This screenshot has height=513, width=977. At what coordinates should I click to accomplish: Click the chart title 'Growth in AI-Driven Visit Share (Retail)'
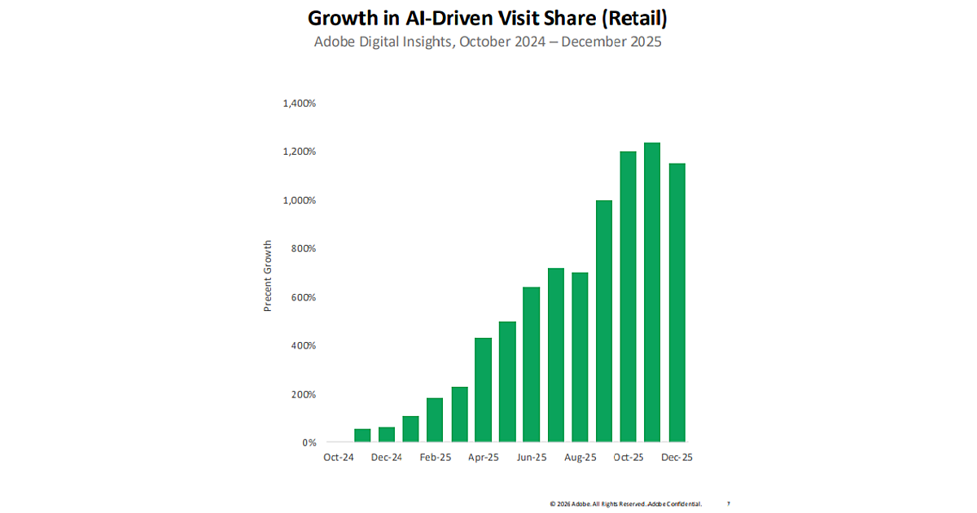tap(488, 17)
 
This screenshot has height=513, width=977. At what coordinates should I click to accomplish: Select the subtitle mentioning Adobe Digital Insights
tap(488, 42)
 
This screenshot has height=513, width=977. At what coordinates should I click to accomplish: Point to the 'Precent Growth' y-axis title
tap(267, 276)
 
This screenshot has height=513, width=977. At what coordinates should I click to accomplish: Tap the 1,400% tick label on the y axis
tap(299, 103)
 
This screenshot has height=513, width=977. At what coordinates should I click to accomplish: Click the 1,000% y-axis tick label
tap(299, 200)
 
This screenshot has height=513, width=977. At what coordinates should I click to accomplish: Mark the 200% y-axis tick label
tap(303, 394)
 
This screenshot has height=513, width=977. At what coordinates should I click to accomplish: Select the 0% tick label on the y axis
tap(309, 443)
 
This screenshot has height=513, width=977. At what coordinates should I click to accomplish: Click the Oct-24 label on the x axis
tap(339, 458)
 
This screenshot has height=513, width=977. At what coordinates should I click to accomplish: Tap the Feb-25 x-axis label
tap(435, 458)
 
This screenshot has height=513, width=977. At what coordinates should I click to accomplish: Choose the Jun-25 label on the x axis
tap(532, 458)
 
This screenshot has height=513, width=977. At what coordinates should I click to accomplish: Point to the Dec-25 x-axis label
tap(677, 458)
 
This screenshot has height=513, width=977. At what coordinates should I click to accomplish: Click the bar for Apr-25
tap(483, 390)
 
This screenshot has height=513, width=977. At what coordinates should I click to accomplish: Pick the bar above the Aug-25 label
tap(580, 357)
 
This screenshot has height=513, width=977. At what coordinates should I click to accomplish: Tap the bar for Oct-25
tap(628, 297)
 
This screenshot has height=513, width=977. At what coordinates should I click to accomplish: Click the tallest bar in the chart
tap(652, 292)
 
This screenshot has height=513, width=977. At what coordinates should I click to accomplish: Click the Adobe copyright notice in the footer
tap(625, 504)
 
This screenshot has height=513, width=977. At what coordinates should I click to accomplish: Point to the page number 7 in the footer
tap(728, 504)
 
